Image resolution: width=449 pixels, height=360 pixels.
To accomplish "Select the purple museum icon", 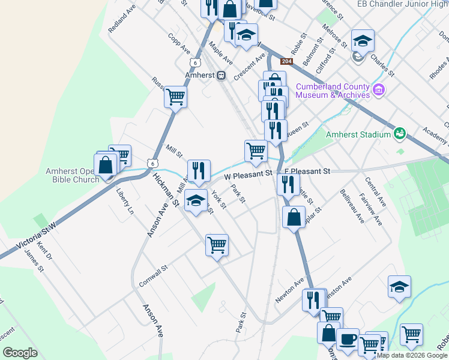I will point(378,91).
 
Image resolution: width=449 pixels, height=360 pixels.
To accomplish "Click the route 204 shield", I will point(287,61).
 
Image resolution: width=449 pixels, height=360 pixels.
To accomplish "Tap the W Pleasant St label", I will point(248,175).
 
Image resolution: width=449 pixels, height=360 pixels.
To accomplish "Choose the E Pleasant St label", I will point(307,172).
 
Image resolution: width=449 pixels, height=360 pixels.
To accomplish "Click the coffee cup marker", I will point(347,339).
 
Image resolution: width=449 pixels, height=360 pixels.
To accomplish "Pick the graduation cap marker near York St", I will point(195,200).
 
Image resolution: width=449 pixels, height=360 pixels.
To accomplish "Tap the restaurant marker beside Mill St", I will point(199,170).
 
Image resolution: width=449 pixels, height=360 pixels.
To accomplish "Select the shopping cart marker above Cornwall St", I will point(217,244).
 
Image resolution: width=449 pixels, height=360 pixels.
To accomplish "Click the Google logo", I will point(20,353).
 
